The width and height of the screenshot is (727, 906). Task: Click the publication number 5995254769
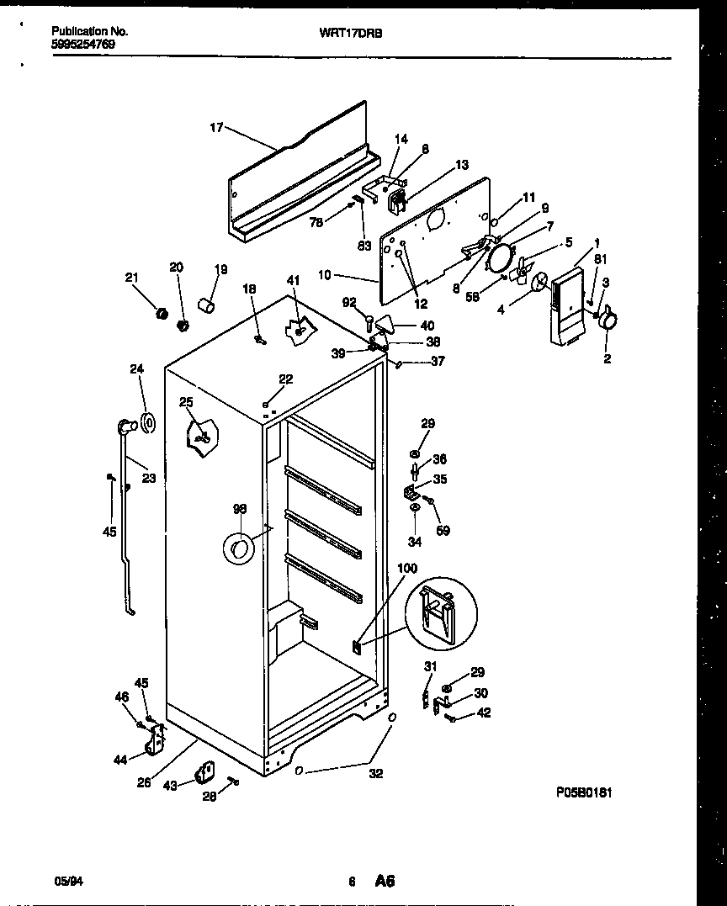pyautogui.click(x=83, y=44)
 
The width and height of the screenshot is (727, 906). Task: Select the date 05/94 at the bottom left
pyautogui.click(x=66, y=881)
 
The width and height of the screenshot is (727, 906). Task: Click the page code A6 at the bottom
pyautogui.click(x=385, y=881)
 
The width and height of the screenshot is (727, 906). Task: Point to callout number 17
pyautogui.click(x=216, y=128)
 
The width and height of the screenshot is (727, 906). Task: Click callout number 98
pyautogui.click(x=240, y=509)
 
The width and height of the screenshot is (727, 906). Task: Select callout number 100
pyautogui.click(x=406, y=570)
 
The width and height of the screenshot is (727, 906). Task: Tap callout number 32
pyautogui.click(x=376, y=774)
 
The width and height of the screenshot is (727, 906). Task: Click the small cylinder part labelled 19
pyautogui.click(x=206, y=302)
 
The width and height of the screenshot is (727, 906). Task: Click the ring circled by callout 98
pyautogui.click(x=239, y=550)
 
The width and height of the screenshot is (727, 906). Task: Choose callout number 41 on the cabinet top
pyautogui.click(x=292, y=280)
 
